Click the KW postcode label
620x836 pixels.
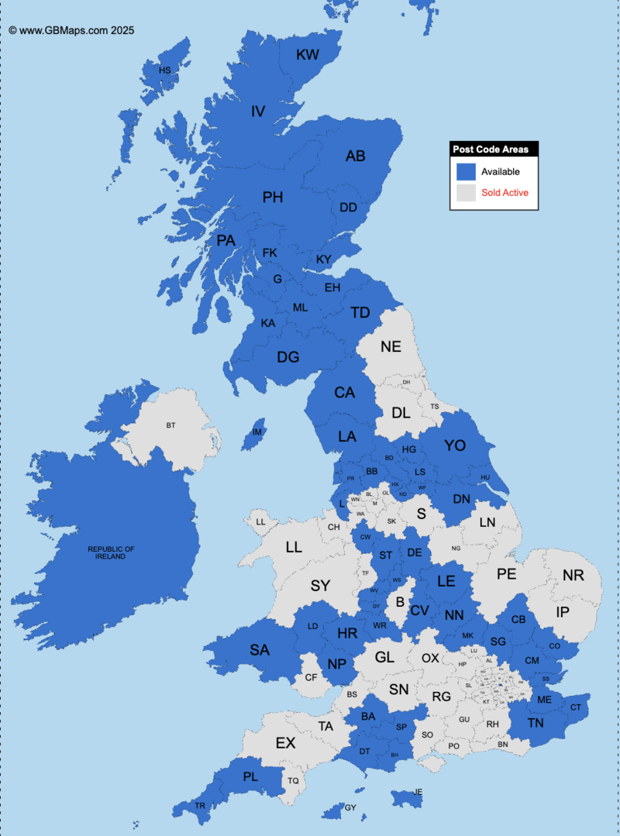(308, 54)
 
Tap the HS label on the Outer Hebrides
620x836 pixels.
(164, 71)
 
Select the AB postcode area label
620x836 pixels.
(355, 157)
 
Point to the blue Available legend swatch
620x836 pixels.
(466, 171)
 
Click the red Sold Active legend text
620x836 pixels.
(505, 192)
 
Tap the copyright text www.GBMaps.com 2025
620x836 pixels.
(71, 31)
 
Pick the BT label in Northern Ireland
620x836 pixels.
(171, 425)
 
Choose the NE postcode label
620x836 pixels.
(391, 346)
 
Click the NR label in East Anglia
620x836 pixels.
(573, 576)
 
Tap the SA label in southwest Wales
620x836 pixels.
(260, 650)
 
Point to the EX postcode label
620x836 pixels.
(286, 743)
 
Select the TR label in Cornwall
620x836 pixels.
(201, 807)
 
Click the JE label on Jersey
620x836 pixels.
(418, 792)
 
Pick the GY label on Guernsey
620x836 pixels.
(350, 807)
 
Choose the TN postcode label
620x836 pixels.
(536, 723)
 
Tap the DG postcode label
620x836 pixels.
(288, 357)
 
